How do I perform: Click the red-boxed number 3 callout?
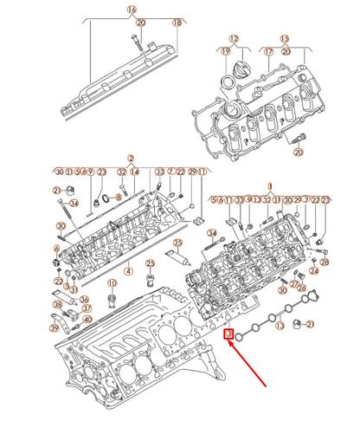click(228, 333)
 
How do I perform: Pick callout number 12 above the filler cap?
click(233, 39)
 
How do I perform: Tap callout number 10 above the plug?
click(112, 283)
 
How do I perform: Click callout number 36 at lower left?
click(84, 300)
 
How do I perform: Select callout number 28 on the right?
click(325, 261)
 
